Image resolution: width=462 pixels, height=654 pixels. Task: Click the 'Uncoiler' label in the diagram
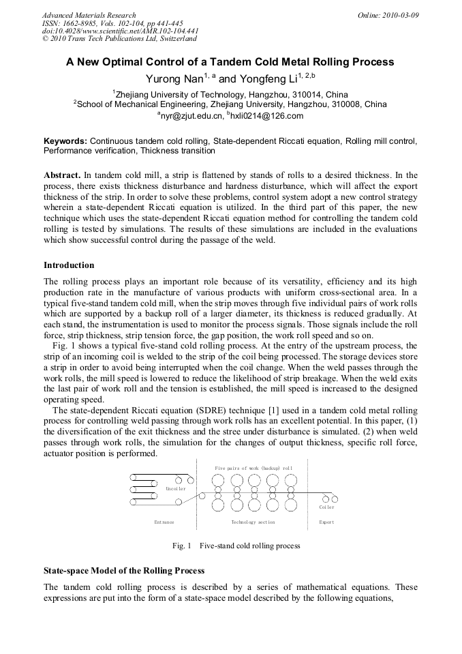pyautogui.click(x=176, y=489)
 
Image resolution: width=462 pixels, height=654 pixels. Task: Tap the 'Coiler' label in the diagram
pyautogui.click(x=327, y=507)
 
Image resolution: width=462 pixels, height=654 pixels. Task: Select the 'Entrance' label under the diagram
pyautogui.click(x=164, y=522)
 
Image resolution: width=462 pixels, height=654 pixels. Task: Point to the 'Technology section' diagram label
pyautogui.click(x=253, y=522)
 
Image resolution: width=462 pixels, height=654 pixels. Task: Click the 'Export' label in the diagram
pyautogui.click(x=327, y=522)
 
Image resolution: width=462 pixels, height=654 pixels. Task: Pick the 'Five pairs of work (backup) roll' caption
pyautogui.click(x=253, y=469)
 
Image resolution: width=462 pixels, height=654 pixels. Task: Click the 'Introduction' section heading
pyautogui.click(x=69, y=265)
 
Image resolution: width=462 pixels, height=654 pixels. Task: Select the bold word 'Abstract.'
pyautogui.click(x=62, y=175)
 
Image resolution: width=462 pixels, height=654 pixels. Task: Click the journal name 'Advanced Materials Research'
pyautogui.click(x=89, y=15)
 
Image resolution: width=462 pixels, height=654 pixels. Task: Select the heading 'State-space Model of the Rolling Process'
pyautogui.click(x=124, y=570)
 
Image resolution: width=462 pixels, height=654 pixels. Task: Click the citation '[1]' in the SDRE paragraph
pyautogui.click(x=248, y=411)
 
